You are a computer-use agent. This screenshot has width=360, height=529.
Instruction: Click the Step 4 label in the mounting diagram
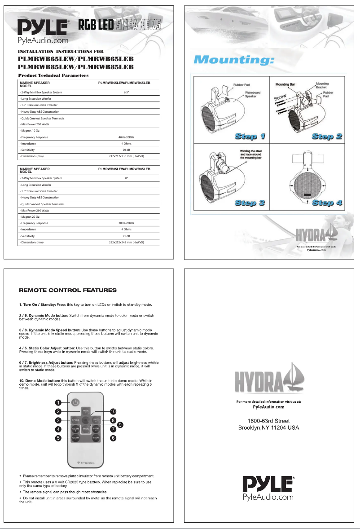tap(327, 203)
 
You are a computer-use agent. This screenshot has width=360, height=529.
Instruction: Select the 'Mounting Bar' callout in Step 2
tap(287, 84)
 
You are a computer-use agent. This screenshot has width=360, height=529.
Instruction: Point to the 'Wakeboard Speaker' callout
tap(254, 94)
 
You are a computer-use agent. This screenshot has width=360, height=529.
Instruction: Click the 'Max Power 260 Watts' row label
tap(35, 210)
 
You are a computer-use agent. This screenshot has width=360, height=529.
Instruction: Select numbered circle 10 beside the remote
tap(113, 411)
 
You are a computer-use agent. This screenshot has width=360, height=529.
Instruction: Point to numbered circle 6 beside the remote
tap(113, 438)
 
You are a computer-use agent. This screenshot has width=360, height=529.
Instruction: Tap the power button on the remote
tap(75, 401)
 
